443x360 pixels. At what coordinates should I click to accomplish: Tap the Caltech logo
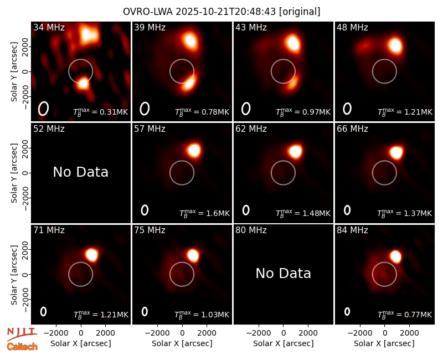click(x=22, y=347)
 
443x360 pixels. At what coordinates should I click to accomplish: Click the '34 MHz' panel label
click(x=49, y=27)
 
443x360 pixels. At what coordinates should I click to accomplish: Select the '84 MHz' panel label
click(x=352, y=230)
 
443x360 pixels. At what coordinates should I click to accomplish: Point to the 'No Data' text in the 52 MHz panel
click(x=80, y=172)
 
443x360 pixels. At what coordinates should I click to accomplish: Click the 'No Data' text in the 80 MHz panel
click(x=283, y=273)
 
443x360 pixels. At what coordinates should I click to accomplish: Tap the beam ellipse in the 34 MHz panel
click(x=43, y=109)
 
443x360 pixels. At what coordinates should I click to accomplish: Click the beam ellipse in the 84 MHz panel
click(x=347, y=311)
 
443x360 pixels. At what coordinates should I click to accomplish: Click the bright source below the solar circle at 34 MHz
click(x=84, y=83)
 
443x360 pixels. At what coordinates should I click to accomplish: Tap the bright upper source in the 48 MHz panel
click(x=395, y=45)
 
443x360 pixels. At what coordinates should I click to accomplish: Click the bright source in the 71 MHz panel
click(x=92, y=255)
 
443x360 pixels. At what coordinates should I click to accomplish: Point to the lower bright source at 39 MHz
click(x=188, y=82)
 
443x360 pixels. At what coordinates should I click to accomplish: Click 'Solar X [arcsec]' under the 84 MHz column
click(x=384, y=343)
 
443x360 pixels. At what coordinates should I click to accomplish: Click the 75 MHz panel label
click(x=150, y=230)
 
